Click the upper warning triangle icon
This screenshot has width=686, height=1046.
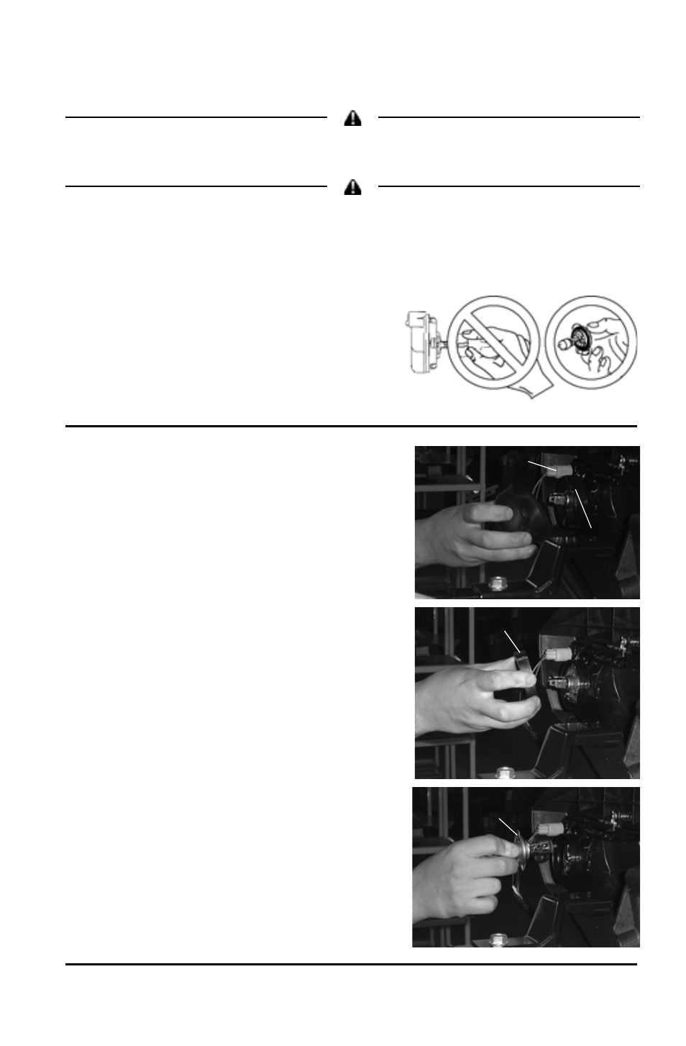coord(352,119)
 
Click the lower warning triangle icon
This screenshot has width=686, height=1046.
coord(352,188)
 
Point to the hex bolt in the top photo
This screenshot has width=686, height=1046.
coord(496,583)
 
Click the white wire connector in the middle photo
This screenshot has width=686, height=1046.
coord(558,655)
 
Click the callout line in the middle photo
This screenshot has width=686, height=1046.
coord(511,642)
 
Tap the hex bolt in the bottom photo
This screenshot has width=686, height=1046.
coord(498,940)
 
